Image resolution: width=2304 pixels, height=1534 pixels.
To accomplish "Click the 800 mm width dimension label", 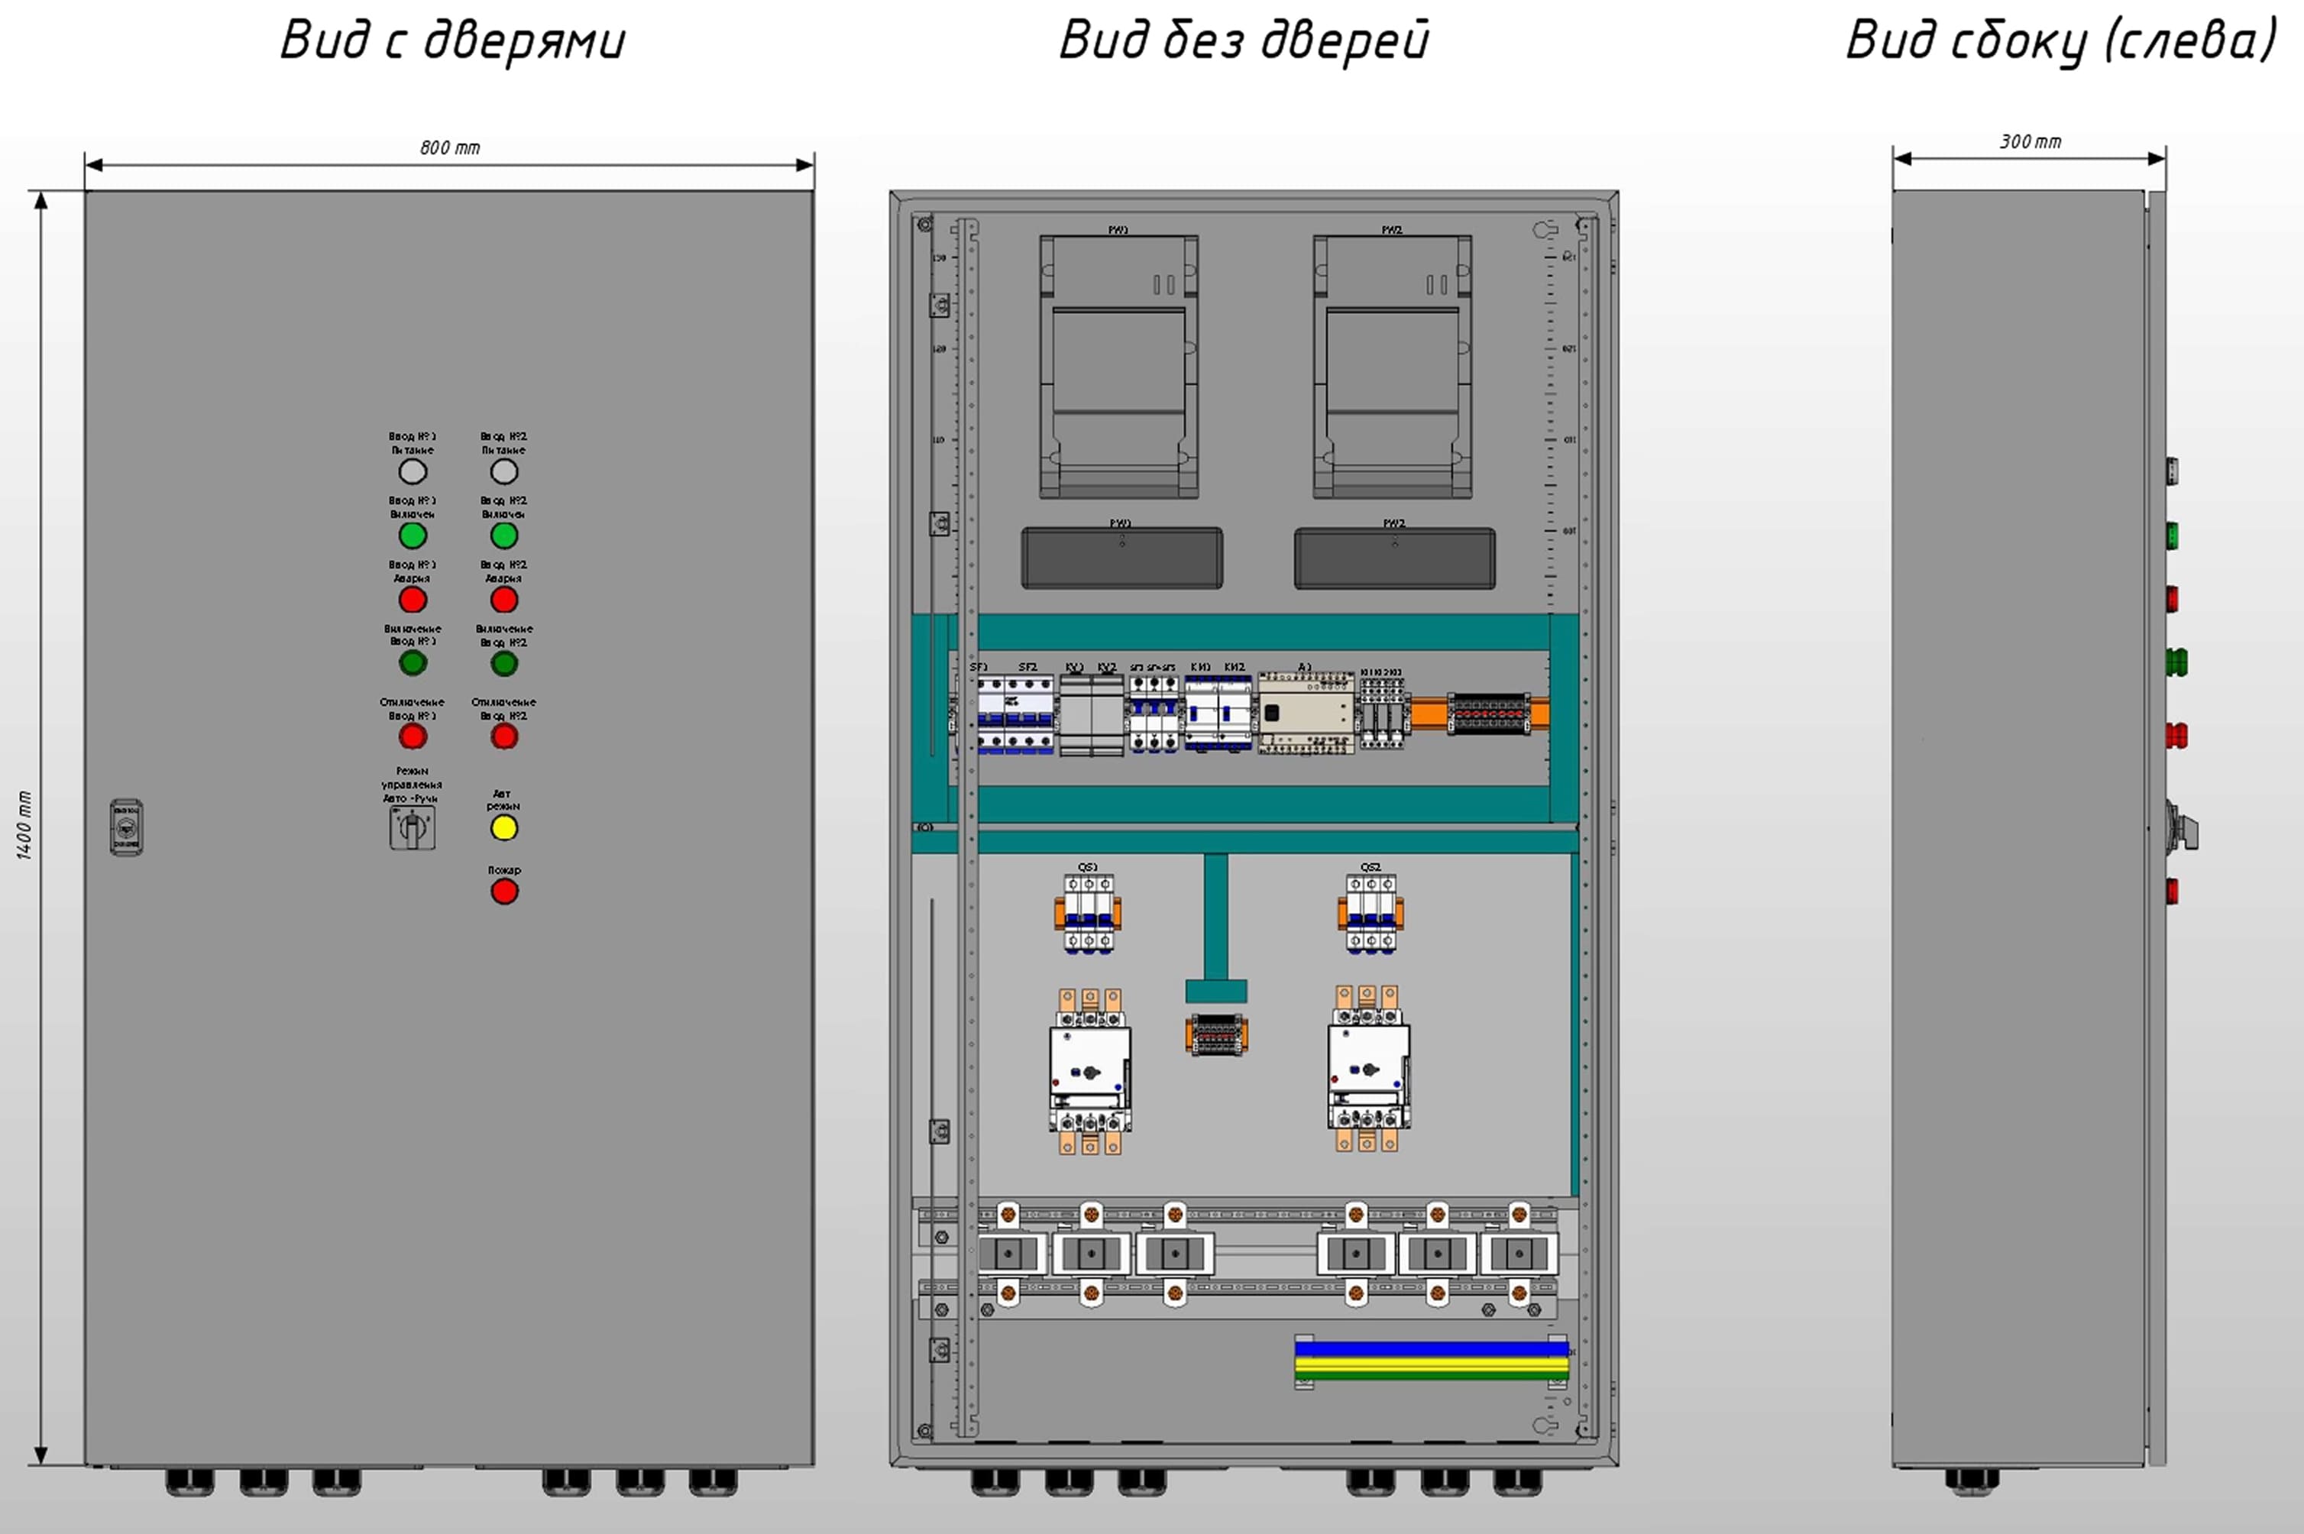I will coord(450,147).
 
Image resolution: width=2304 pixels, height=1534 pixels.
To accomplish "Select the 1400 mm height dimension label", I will coord(24,825).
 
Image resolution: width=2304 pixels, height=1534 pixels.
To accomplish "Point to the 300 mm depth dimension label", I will coord(2030,142).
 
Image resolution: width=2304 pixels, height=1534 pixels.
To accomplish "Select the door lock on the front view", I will coord(126,827).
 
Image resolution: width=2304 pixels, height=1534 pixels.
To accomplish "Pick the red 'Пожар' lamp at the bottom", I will coord(504,892).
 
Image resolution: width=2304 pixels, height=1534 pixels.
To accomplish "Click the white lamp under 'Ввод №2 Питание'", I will coord(504,471).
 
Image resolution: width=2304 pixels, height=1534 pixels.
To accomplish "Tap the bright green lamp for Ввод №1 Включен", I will coord(413,535).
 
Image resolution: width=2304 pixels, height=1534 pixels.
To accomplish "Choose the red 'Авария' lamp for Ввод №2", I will coord(504,600).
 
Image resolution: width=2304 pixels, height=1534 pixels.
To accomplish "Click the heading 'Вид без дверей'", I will coord(1244,41).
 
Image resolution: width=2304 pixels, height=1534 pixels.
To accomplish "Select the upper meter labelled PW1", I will coord(1118,367).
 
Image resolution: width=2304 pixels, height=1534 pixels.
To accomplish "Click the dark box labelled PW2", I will coord(1394,558).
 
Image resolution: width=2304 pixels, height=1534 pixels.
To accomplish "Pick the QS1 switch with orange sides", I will coord(1088,914).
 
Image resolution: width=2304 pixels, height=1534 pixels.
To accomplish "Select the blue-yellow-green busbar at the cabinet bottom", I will coord(1430,1361).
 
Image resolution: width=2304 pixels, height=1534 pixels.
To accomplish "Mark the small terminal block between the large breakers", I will coord(1216,1035).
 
